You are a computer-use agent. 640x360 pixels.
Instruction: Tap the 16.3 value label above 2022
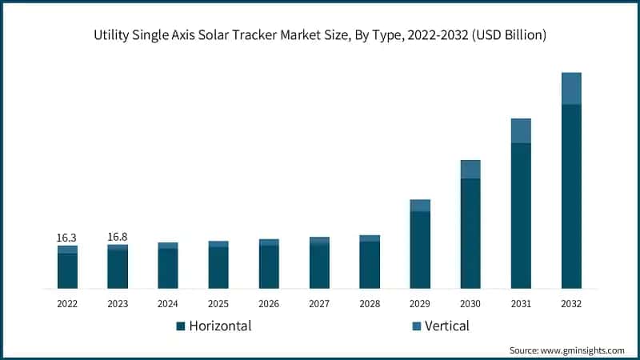pyautogui.click(x=67, y=238)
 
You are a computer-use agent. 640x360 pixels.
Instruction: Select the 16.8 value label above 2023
pyautogui.click(x=118, y=237)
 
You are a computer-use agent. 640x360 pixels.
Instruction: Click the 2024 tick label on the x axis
pyautogui.click(x=168, y=304)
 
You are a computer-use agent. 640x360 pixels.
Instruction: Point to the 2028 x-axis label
pyautogui.click(x=370, y=304)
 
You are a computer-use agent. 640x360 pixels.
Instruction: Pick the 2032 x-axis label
pyautogui.click(x=571, y=304)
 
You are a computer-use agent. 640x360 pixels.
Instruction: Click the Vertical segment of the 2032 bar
pyautogui.click(x=571, y=89)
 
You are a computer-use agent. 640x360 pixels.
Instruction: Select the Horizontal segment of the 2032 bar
pyautogui.click(x=571, y=196)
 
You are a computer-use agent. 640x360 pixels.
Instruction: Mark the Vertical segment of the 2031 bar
pyautogui.click(x=521, y=130)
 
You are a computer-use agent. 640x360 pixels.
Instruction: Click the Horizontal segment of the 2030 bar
pyautogui.click(x=470, y=233)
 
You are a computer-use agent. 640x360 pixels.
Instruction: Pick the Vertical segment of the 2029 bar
pyautogui.click(x=420, y=206)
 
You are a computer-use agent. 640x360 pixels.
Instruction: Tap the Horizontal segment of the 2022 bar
pyautogui.click(x=67, y=270)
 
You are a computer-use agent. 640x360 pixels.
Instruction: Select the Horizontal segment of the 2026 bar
pyautogui.click(x=269, y=266)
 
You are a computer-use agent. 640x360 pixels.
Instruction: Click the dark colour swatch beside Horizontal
pyautogui.click(x=181, y=326)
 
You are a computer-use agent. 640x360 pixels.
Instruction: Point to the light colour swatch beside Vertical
pyautogui.click(x=416, y=326)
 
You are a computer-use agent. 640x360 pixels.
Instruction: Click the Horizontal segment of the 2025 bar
pyautogui.click(x=218, y=267)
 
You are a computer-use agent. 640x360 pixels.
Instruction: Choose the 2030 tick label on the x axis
pyautogui.click(x=470, y=304)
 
